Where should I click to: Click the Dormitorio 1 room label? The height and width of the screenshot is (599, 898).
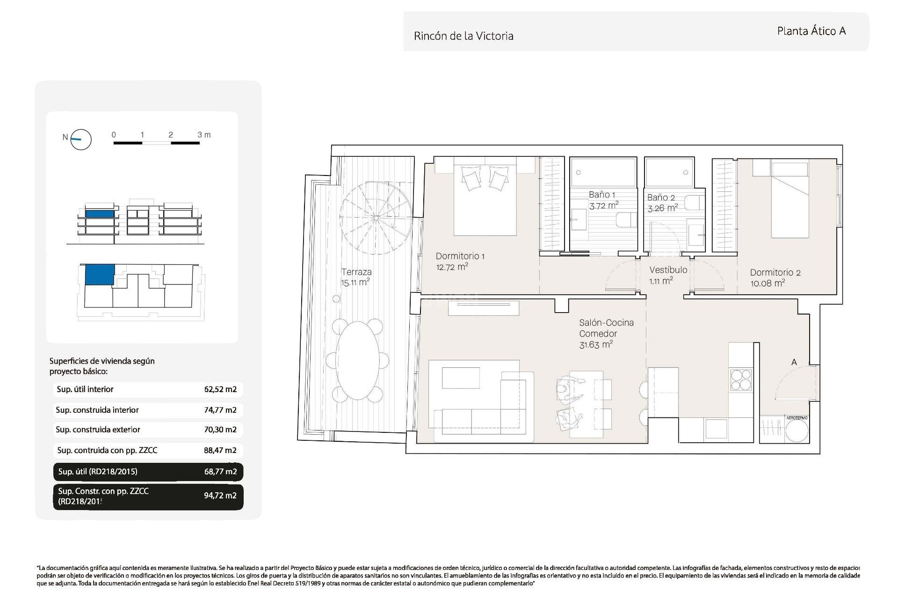[x=460, y=256]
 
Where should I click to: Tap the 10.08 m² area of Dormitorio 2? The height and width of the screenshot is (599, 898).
[x=768, y=283]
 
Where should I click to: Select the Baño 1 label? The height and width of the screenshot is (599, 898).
[x=602, y=195]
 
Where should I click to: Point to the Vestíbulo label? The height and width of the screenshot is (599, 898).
[x=668, y=270]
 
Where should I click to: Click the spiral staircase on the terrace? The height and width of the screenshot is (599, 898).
[x=376, y=218]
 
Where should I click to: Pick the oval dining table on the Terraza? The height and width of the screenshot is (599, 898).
[x=358, y=360]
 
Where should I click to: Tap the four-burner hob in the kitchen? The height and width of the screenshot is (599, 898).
[x=741, y=380]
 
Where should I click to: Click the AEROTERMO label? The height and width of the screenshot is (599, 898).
[x=797, y=418]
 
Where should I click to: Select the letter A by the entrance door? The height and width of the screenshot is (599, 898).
[x=794, y=362]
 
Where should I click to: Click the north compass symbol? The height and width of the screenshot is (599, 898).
[x=80, y=139]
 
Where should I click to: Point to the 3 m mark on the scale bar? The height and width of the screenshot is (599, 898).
[x=204, y=135]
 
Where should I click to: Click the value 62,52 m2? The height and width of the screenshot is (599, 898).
[x=220, y=389]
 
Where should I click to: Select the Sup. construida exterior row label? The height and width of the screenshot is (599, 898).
[x=98, y=430]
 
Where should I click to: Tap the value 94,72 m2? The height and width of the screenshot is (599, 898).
[x=220, y=496]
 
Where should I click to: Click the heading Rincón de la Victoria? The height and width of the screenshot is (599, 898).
[x=463, y=36]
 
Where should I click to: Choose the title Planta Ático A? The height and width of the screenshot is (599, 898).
[x=811, y=31]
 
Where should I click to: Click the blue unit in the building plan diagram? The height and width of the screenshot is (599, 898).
[x=100, y=274]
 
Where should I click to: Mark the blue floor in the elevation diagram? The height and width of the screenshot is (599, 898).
[x=100, y=214]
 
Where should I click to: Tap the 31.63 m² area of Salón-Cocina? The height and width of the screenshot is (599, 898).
[x=595, y=345]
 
